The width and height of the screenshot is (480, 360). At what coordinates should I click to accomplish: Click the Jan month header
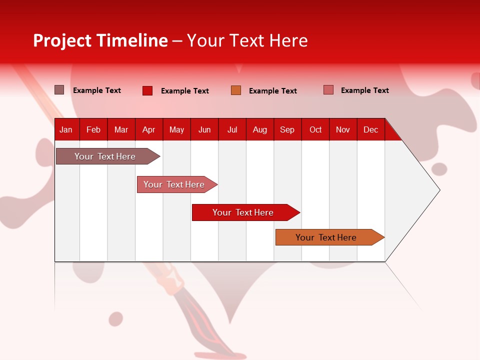66,130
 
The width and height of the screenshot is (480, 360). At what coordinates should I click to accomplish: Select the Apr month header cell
148,130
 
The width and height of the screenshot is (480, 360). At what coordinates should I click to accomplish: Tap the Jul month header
232,130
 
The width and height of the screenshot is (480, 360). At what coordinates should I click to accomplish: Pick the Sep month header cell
287,130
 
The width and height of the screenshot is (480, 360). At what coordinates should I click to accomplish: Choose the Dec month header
370,130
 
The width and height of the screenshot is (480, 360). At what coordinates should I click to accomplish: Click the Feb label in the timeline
93,130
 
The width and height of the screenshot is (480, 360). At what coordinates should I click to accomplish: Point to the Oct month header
315,130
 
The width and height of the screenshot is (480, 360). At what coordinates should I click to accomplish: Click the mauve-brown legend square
59,90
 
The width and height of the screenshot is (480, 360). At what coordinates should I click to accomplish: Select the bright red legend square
147,90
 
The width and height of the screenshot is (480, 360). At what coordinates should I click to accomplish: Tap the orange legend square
236,90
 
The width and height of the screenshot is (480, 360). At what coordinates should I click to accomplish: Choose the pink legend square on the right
328,90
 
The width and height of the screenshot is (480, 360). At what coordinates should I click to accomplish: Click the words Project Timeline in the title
100,40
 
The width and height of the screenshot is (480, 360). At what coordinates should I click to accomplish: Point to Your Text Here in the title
247,40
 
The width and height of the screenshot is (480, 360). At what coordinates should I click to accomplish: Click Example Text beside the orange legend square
272,91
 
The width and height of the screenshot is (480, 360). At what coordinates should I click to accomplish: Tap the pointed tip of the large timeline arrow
438,190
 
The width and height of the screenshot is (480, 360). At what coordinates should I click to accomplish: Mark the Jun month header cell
204,130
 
